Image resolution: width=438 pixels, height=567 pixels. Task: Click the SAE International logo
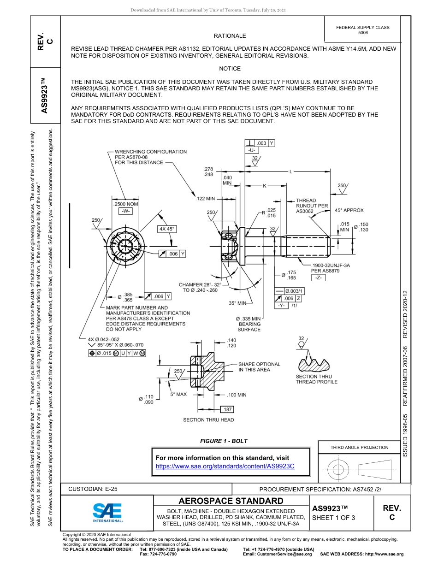pos(107,512)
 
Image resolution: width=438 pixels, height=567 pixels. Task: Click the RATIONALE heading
pos(230,36)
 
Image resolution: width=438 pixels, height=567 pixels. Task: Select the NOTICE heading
pos(230,69)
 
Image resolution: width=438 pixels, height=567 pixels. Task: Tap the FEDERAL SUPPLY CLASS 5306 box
pos(362,30)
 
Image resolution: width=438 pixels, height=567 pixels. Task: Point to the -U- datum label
pos(252,151)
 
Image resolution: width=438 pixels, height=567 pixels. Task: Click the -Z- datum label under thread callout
pos(318,278)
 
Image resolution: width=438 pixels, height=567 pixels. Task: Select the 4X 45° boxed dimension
pos(167,229)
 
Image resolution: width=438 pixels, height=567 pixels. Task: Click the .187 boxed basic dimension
pos(227,409)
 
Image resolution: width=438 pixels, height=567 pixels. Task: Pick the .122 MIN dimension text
pos(205,199)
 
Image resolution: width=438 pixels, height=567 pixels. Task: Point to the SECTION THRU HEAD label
pos(208,420)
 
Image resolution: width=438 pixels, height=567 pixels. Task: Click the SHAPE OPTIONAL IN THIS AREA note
pos(259,367)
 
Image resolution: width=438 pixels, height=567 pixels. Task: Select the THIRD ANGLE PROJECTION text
pos(359,447)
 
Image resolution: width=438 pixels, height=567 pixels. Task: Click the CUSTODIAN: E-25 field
pos(93,489)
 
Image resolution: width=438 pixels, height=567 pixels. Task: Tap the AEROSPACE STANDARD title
pos(231,501)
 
